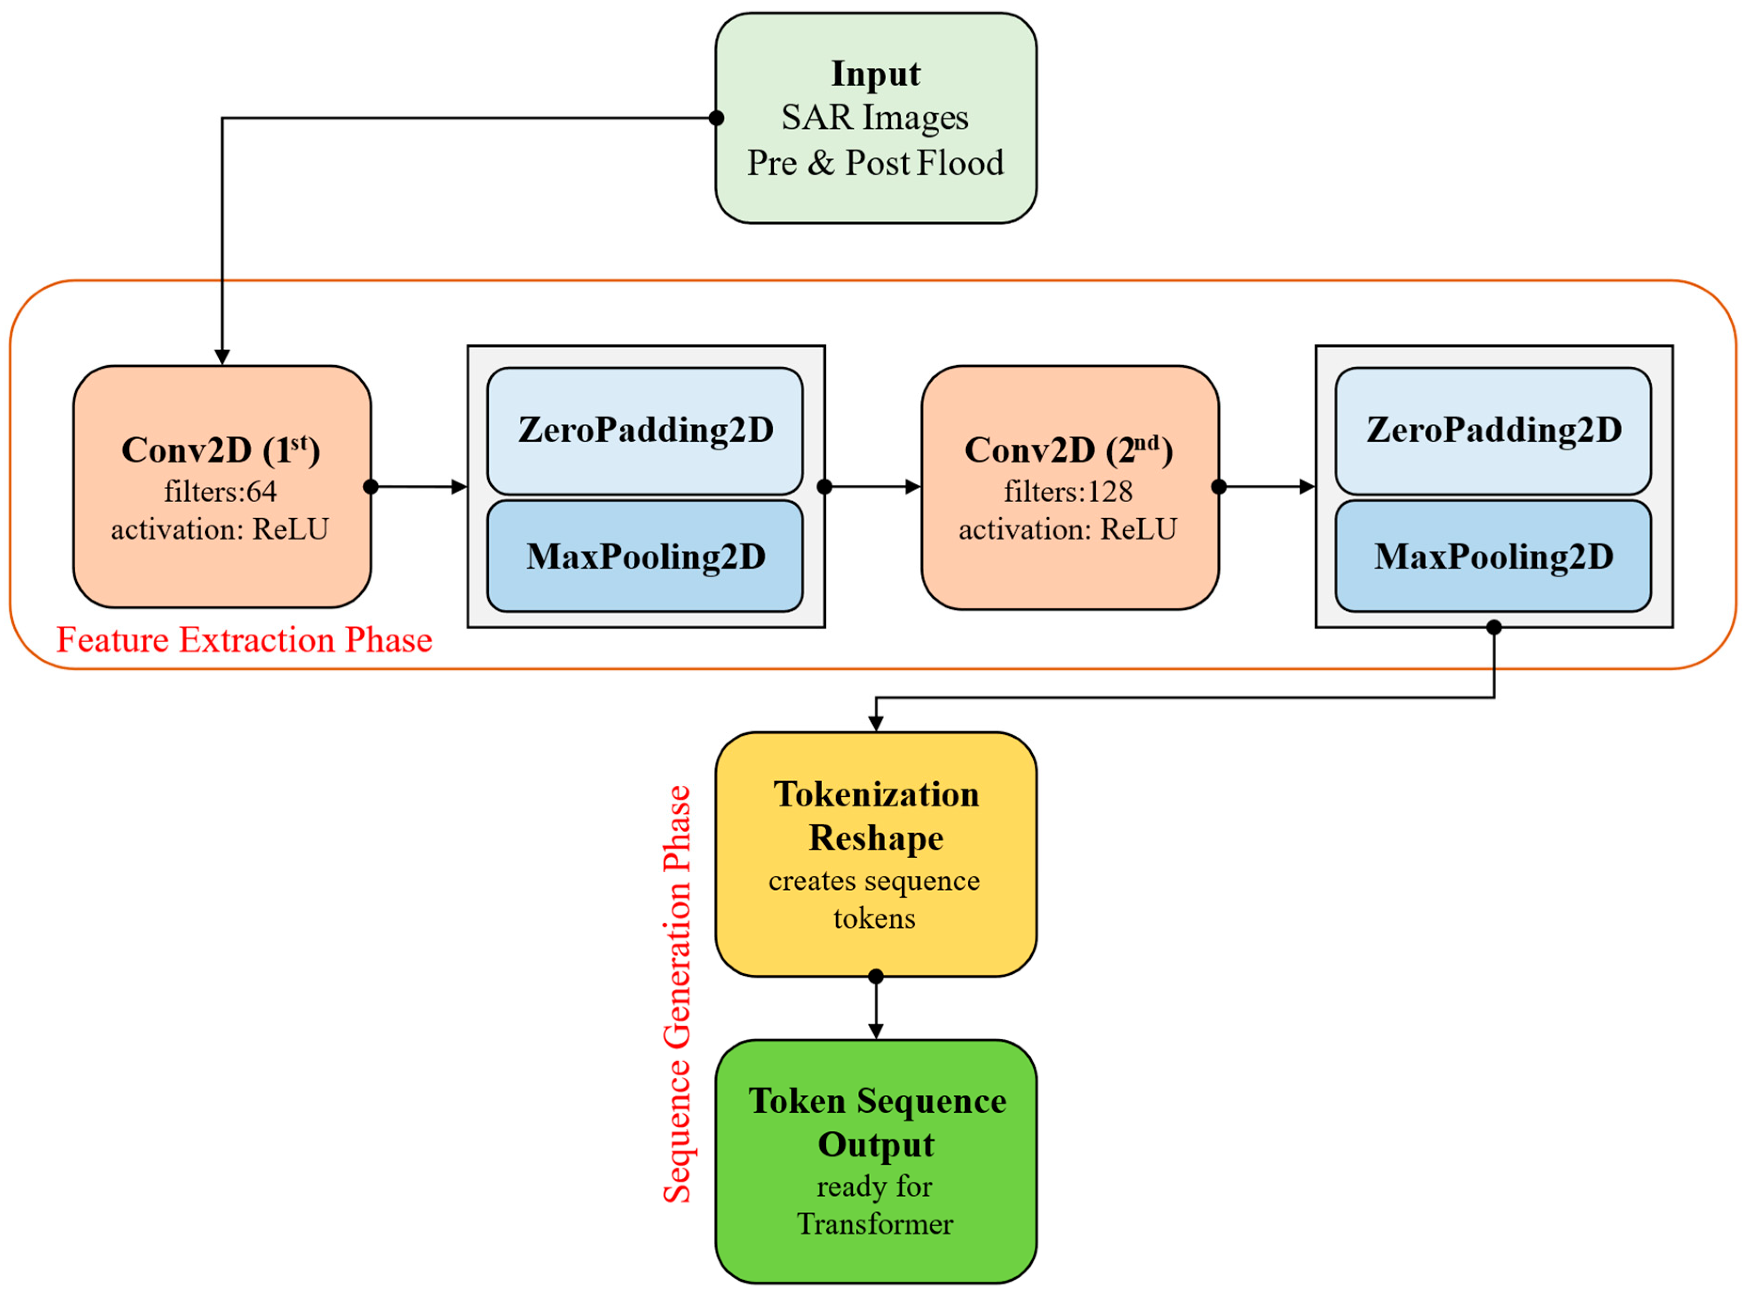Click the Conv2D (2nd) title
point(1068,450)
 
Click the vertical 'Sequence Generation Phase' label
point(677,994)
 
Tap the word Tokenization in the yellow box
point(876,795)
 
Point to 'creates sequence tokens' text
point(874,899)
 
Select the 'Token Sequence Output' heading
point(876,1122)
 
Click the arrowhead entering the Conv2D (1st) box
point(222,357)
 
